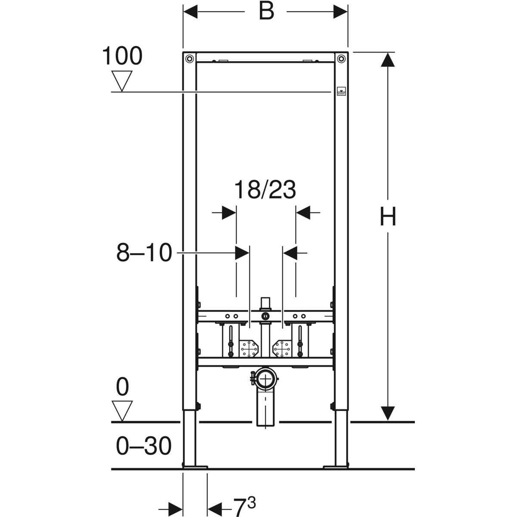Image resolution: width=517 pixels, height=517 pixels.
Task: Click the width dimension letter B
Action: [266, 12]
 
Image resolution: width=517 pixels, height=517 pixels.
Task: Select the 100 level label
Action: [122, 56]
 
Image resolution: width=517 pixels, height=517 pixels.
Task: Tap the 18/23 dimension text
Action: [265, 190]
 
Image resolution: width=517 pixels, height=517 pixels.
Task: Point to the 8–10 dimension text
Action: [144, 253]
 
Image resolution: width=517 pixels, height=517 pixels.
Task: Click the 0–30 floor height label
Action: [144, 446]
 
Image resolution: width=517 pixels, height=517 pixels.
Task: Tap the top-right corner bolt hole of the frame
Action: [341, 58]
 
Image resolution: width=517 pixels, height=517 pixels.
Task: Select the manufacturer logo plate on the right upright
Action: [341, 92]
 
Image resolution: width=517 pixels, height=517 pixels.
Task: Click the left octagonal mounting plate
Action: [248, 348]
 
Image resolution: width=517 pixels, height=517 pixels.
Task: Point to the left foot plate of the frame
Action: [195, 466]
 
